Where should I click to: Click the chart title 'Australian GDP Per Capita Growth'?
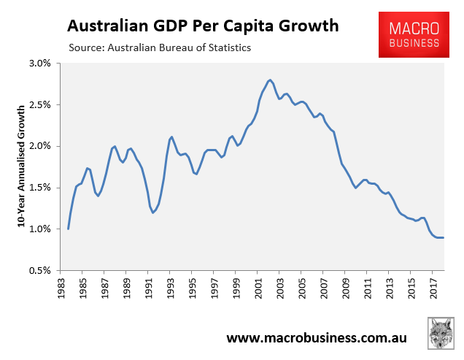pos(203,26)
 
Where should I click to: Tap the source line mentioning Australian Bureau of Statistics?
pos(159,48)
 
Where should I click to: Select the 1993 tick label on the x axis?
pos(170,287)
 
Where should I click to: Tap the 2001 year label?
pos(257,287)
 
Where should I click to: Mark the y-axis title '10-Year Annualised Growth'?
pos(21,166)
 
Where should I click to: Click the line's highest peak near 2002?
pos(270,80)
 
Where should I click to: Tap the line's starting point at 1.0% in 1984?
pos(68,229)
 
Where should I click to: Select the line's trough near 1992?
pos(153,212)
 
